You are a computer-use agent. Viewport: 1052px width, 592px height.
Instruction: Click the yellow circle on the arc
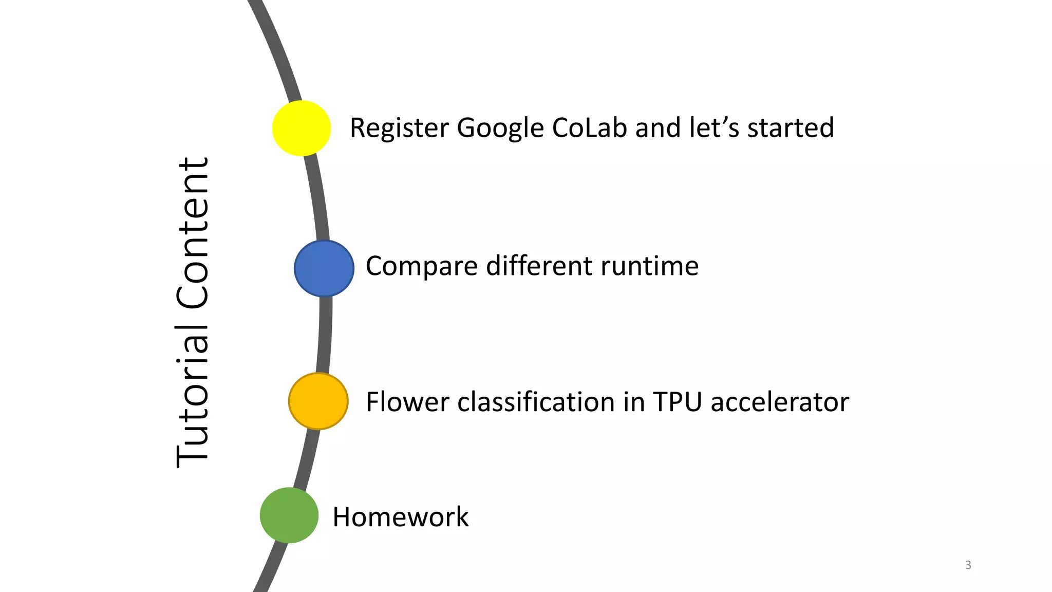pyautogui.click(x=302, y=128)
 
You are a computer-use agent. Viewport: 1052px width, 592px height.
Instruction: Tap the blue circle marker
pyautogui.click(x=324, y=268)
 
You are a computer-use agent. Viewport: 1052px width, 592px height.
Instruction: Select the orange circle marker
pyautogui.click(x=318, y=401)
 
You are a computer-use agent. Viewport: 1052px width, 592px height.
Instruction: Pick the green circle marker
pyautogui.click(x=289, y=515)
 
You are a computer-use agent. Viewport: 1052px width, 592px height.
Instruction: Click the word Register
pyautogui.click(x=399, y=128)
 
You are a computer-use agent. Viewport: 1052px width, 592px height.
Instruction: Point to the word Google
pyautogui.click(x=500, y=128)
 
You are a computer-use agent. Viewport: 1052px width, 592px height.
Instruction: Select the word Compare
pyautogui.click(x=421, y=267)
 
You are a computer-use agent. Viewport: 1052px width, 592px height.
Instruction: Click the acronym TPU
pyautogui.click(x=677, y=402)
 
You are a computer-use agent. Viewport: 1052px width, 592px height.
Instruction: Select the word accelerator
pyautogui.click(x=779, y=402)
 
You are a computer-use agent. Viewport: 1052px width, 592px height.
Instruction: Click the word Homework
pyautogui.click(x=401, y=517)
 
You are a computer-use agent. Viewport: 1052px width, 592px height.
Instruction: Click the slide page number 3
pyautogui.click(x=968, y=565)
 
